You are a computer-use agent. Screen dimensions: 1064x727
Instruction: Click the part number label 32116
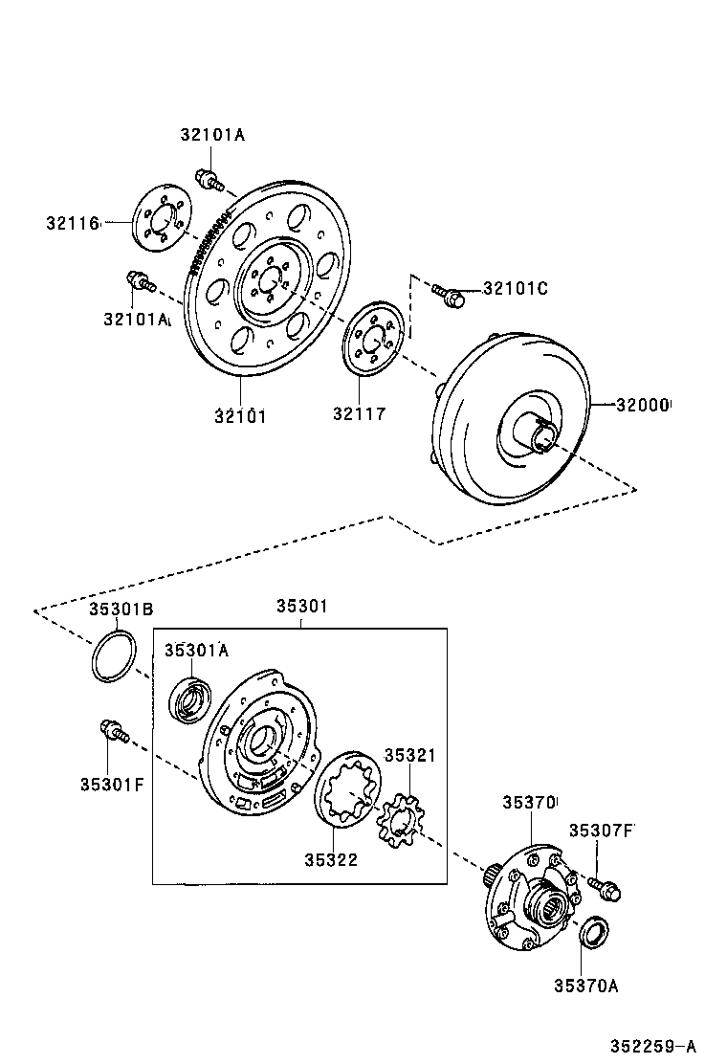coord(72,223)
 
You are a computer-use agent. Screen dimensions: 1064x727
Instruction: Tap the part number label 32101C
coord(515,288)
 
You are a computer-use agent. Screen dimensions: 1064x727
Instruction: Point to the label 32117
coord(359,414)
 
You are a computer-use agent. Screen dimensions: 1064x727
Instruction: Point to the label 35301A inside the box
coord(196,650)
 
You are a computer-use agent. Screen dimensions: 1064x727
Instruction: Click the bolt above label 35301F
coord(110,732)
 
